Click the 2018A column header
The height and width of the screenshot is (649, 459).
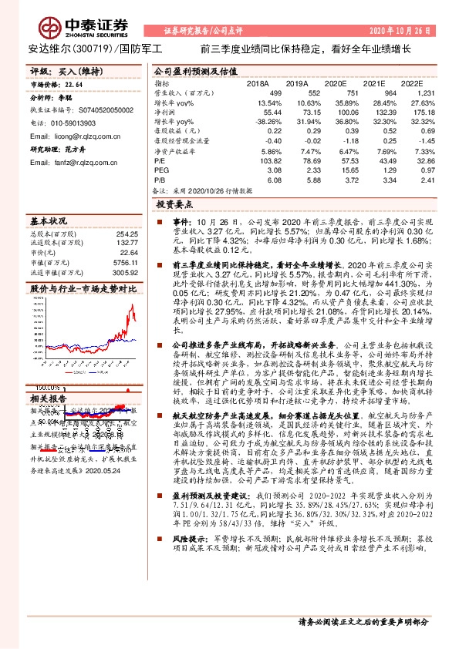coord(257,83)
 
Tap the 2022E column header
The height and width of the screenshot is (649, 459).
coord(413,83)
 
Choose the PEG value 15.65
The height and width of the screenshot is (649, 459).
coord(335,172)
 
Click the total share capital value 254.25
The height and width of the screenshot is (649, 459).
coord(127,232)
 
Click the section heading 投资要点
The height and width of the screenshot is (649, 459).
coord(174,207)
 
